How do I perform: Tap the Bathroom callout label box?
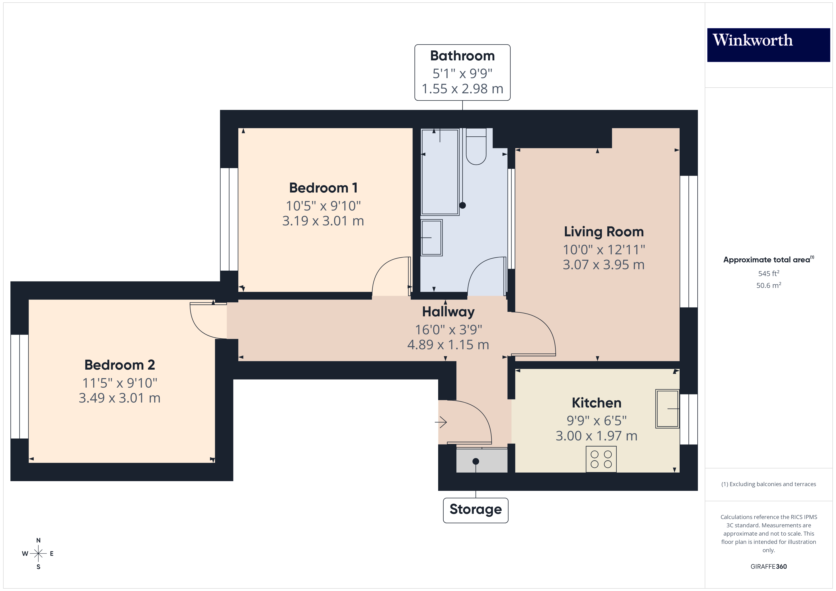coord(462,72)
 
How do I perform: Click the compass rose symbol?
coord(38,554)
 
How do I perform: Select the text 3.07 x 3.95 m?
coord(603,265)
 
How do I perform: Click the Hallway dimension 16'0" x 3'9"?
coord(448,330)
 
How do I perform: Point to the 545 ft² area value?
coord(768,273)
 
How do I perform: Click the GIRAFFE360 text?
coord(768,567)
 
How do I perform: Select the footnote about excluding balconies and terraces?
coord(768,484)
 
